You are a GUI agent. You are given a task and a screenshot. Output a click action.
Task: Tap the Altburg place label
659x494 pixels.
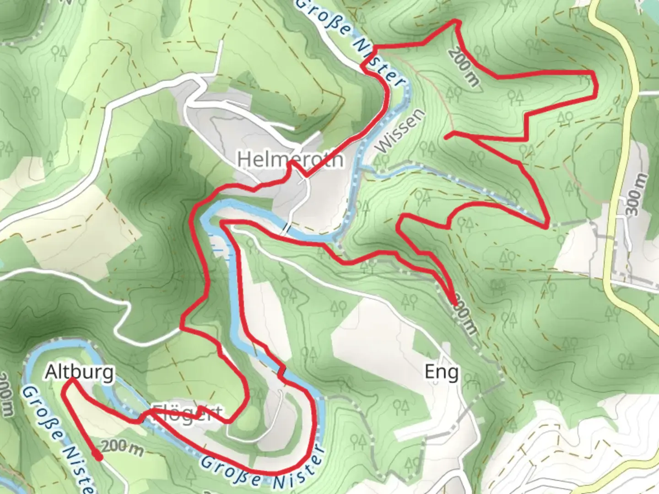[x=79, y=372]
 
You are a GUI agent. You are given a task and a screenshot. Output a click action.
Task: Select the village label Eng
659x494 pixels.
[x=441, y=372]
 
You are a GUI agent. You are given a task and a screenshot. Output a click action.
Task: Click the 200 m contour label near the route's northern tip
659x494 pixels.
[x=464, y=67]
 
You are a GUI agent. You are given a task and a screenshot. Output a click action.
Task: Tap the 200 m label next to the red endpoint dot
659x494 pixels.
[x=122, y=448]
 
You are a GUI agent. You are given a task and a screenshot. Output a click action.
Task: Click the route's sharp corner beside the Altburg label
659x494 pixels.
[x=71, y=380]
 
